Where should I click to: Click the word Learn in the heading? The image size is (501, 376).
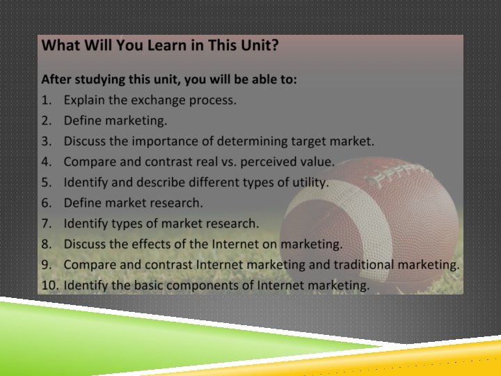click(x=159, y=46)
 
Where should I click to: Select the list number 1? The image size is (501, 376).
click(x=46, y=100)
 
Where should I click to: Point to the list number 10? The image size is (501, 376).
click(x=49, y=285)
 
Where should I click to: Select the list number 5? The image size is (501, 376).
click(x=46, y=182)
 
